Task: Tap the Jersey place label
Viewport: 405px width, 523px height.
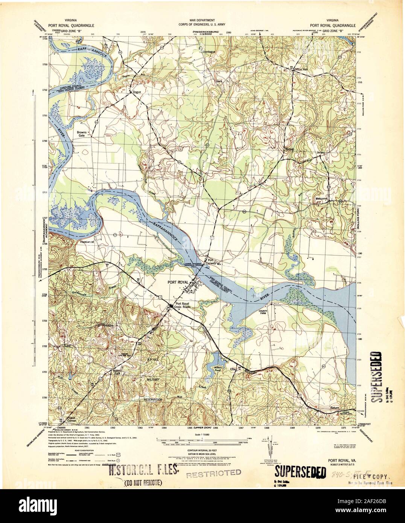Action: click(321, 152)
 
